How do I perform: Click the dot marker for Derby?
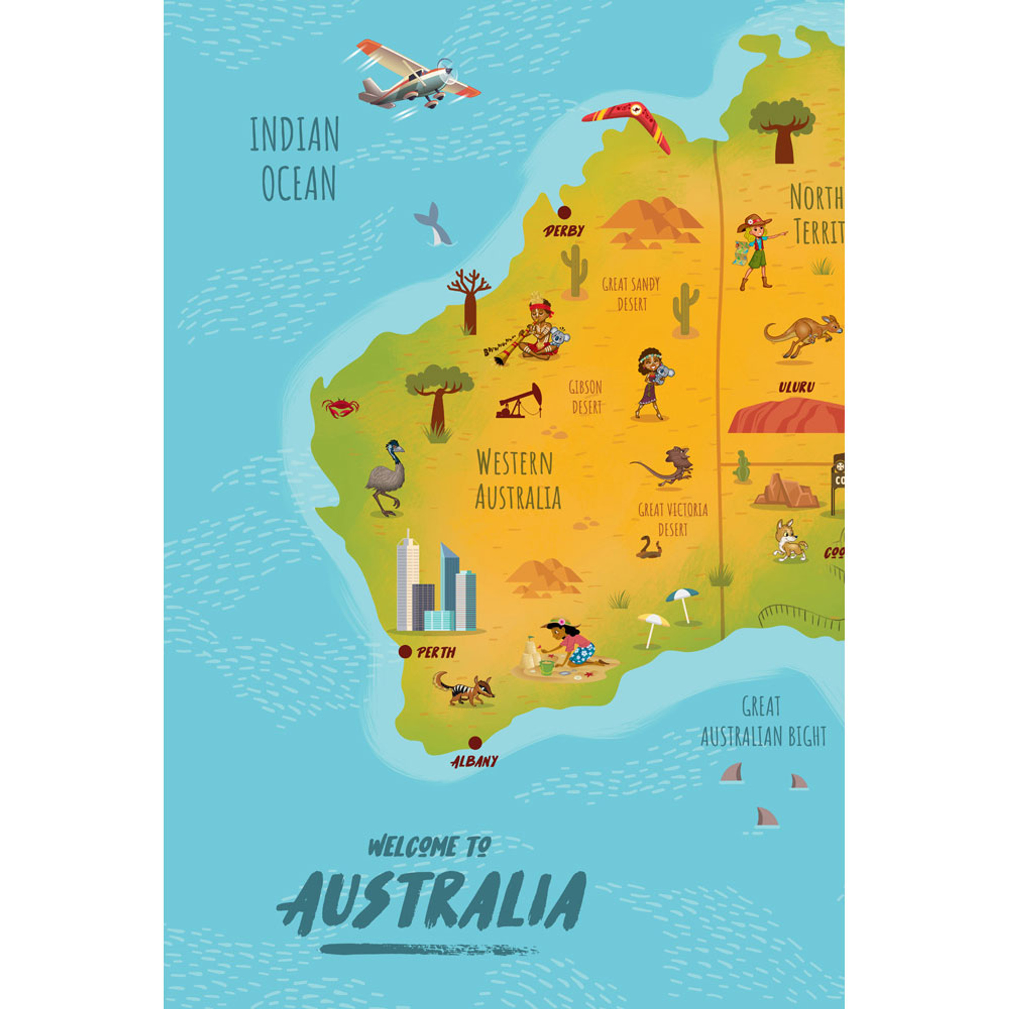[564, 212]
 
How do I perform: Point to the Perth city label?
[436, 652]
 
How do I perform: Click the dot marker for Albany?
[475, 742]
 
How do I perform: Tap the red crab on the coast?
[341, 407]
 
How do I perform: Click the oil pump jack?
[519, 402]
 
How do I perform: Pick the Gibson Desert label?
[585, 397]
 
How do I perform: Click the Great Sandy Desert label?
[631, 294]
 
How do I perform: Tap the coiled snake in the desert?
[649, 548]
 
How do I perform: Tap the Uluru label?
[797, 387]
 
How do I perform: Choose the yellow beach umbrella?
[653, 627]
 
